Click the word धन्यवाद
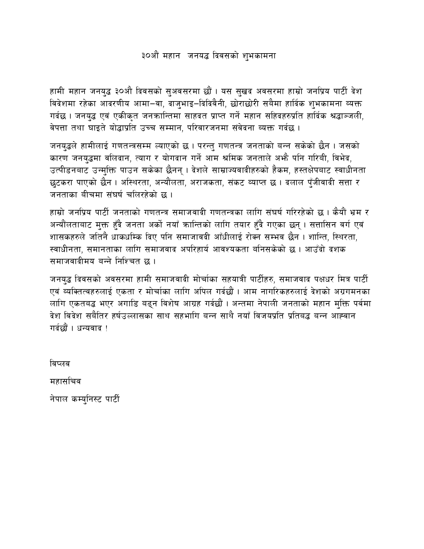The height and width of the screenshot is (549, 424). [x=90, y=328]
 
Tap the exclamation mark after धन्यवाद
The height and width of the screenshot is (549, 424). [x=107, y=328]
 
